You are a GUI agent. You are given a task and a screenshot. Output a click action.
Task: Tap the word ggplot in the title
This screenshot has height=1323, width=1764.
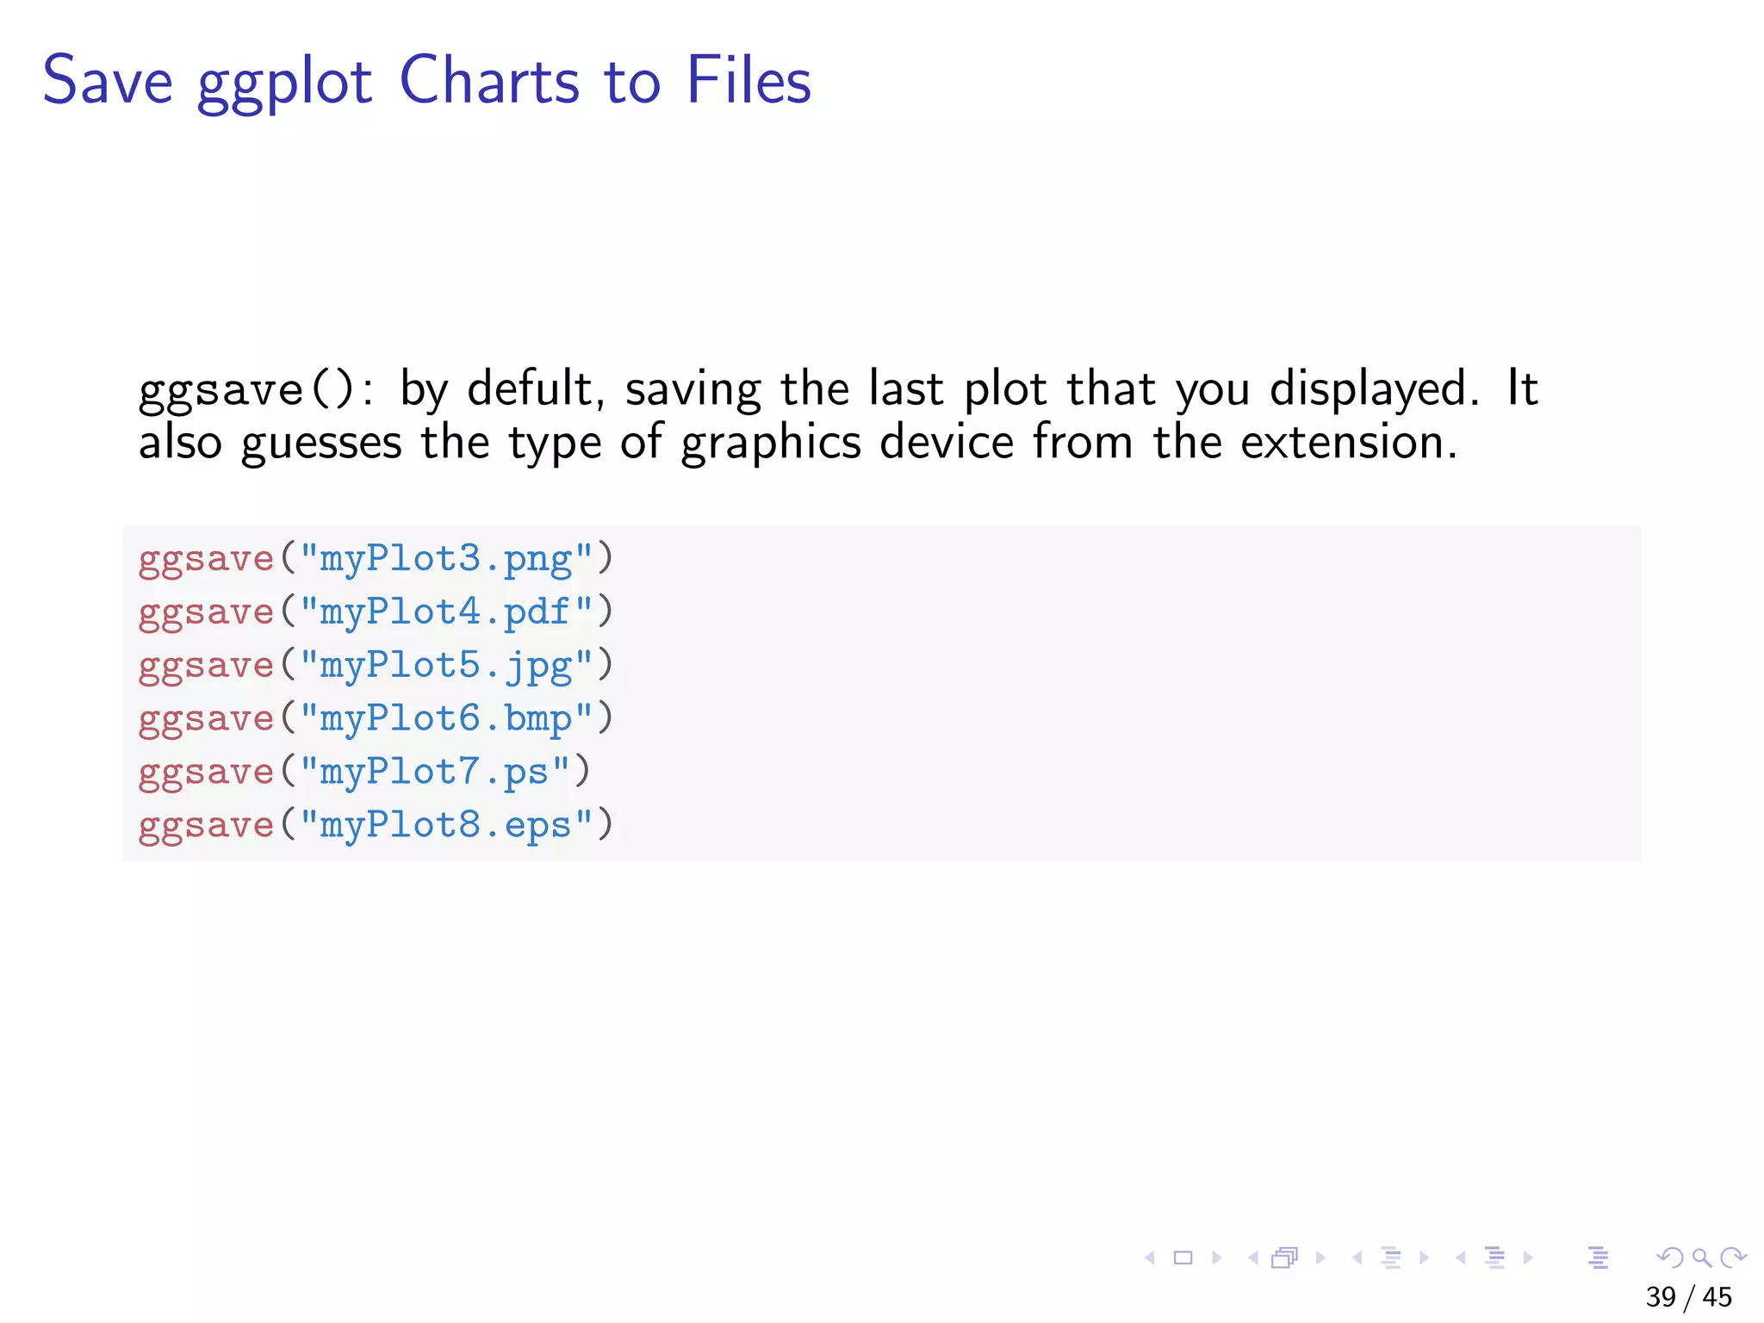284,84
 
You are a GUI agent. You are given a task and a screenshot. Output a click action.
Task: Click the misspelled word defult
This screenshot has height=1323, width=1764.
530,389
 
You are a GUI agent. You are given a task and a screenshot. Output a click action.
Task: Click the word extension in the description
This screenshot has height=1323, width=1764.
1342,443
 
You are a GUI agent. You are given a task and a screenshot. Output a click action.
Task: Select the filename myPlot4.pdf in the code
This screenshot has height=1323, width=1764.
446,612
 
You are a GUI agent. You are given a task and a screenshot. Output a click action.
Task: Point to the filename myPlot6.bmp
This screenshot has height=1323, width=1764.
446,719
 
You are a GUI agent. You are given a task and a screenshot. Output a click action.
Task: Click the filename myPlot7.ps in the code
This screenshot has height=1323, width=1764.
435,773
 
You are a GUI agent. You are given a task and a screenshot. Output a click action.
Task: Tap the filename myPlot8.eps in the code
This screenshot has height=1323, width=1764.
446,826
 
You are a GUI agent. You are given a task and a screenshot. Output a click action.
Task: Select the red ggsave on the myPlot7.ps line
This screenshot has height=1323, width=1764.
206,773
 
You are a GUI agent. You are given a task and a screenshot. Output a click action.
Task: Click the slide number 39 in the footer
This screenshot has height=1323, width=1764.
1661,1297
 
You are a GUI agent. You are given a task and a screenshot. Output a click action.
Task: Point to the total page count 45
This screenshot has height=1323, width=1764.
1717,1297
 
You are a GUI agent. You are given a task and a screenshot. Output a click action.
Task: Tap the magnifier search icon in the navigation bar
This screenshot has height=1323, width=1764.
1701,1258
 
